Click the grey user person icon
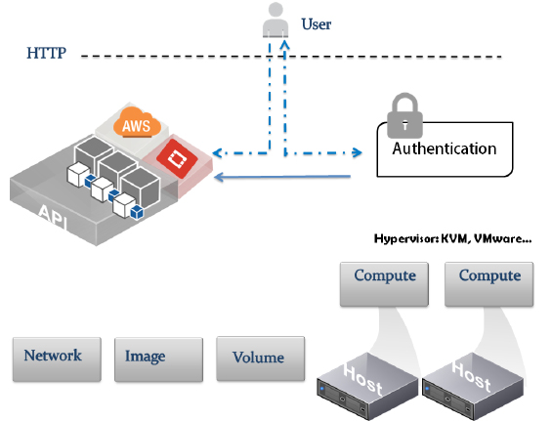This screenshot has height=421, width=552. (276, 20)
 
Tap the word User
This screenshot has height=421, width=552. (317, 24)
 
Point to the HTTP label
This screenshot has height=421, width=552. (47, 53)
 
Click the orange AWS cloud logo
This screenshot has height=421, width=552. (137, 122)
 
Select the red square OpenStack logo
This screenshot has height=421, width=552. (177, 158)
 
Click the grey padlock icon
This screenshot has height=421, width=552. (404, 115)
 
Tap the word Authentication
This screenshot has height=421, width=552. (445, 148)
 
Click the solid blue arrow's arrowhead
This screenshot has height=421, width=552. (219, 177)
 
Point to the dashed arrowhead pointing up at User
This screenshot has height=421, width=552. (285, 45)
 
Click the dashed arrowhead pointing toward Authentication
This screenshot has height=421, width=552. (358, 152)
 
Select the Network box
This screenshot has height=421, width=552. (57, 359)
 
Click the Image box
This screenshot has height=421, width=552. (159, 359)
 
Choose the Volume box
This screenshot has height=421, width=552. (261, 358)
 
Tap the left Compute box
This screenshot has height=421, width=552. (384, 284)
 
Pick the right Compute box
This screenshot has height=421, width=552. (489, 284)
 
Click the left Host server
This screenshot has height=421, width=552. (368, 387)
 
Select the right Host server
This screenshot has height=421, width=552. (473, 387)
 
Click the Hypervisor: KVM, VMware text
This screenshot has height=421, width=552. (452, 239)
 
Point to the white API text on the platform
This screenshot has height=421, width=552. (53, 216)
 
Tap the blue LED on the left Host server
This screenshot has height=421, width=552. (321, 389)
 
